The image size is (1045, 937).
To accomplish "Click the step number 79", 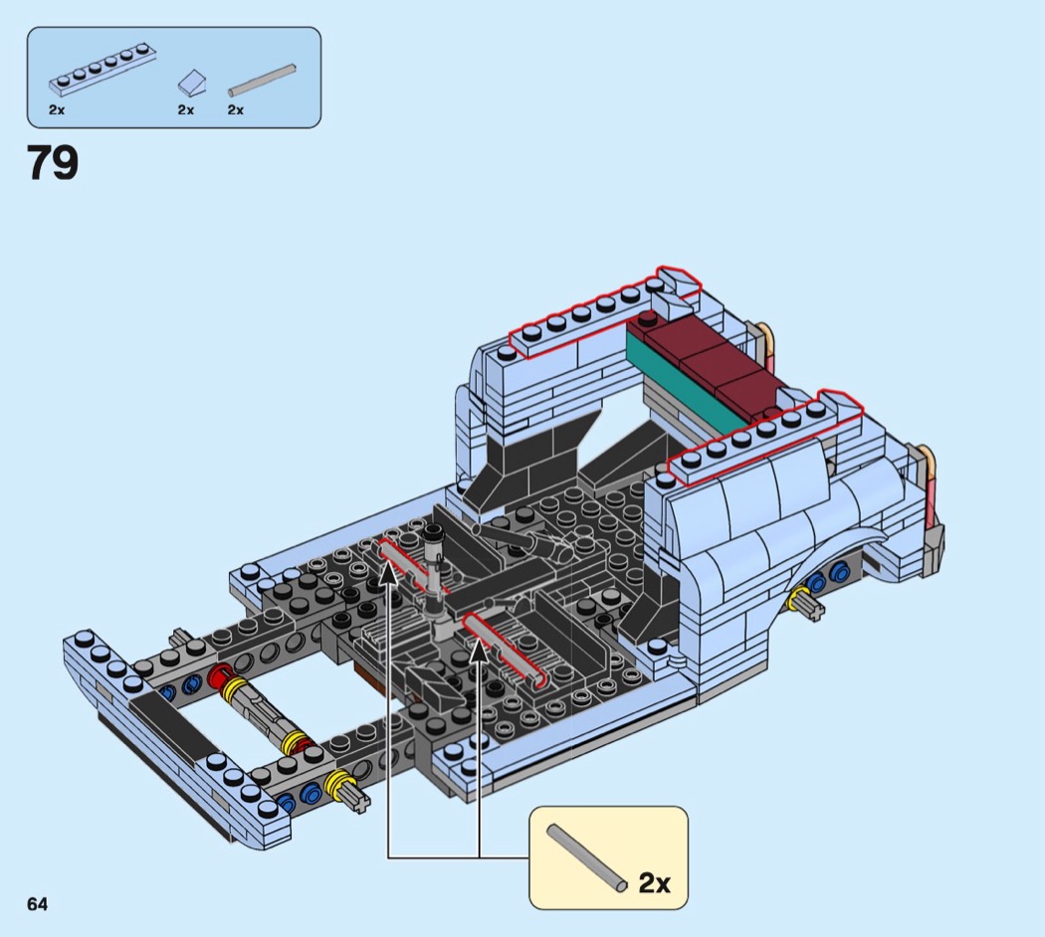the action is pyautogui.click(x=53, y=163).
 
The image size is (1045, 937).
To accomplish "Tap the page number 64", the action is pyautogui.click(x=38, y=904).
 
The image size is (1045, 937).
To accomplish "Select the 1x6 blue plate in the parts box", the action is pyautogui.click(x=104, y=69).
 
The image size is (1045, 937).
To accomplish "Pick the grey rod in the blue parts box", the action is pyautogui.click(x=262, y=80).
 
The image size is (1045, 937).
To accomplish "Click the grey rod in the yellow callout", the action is pyautogui.click(x=586, y=857).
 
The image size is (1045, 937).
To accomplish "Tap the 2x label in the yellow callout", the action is pyautogui.click(x=654, y=882).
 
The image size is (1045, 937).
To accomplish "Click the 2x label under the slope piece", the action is pyautogui.click(x=185, y=109).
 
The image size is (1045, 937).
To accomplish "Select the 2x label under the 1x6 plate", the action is pyautogui.click(x=57, y=109).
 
